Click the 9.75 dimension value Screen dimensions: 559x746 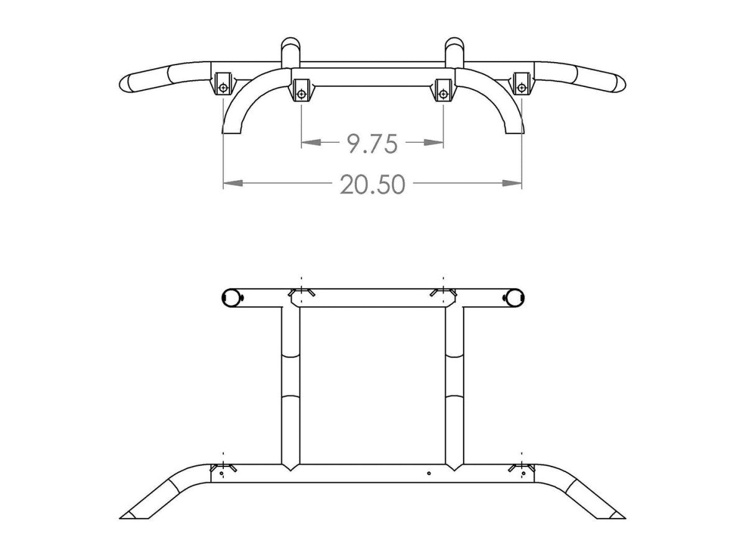click(372, 143)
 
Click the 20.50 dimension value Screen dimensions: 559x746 click(372, 184)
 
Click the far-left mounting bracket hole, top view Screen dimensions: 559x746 click(223, 86)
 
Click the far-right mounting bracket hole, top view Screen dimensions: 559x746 click(522, 86)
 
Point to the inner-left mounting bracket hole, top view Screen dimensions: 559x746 click(302, 94)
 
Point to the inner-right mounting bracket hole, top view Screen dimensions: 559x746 click(443, 94)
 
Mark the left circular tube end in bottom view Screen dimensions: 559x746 click(231, 298)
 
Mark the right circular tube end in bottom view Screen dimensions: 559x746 click(513, 298)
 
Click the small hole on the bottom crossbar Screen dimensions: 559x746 click(429, 473)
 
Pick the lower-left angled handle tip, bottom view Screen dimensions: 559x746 click(131, 515)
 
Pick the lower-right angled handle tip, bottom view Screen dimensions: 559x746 click(615, 515)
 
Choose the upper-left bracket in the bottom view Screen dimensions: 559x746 click(302, 293)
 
